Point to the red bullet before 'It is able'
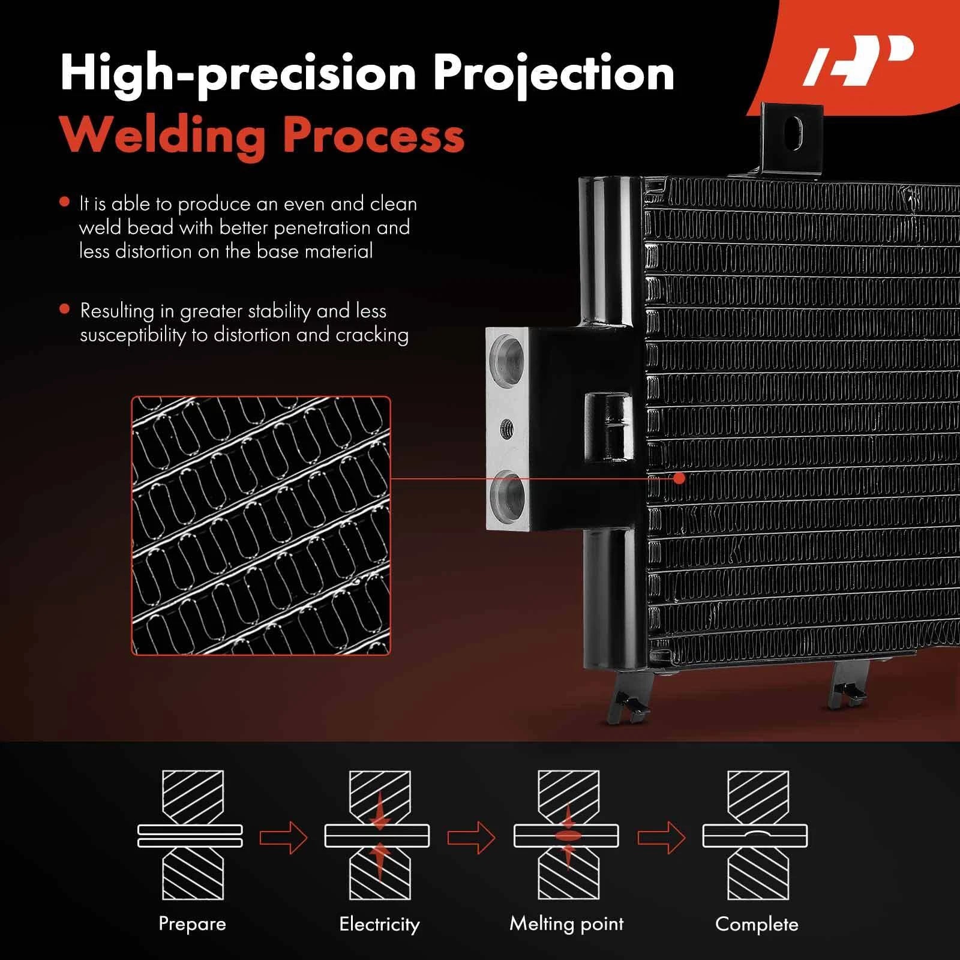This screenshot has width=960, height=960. coord(65,202)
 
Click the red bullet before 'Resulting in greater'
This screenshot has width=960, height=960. coord(65,310)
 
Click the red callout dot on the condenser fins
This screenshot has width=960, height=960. coord(679,478)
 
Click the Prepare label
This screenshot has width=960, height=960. coord(192,923)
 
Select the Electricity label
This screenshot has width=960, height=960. coord(379,924)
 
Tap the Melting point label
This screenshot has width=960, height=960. coord(566,923)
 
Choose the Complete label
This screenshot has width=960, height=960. coord(757,924)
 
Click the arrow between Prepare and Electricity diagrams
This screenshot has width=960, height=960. coord(283,836)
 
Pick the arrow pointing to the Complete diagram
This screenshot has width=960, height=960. coord(661,836)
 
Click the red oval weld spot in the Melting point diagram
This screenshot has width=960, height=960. coord(567,836)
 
